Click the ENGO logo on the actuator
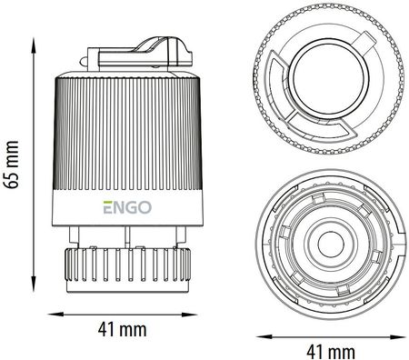click(x=127, y=207)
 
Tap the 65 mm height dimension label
click(x=13, y=165)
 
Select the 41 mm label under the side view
click(x=122, y=329)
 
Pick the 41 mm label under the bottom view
click(x=331, y=352)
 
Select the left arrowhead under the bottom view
click(x=264, y=336)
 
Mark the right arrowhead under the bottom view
click(x=398, y=336)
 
